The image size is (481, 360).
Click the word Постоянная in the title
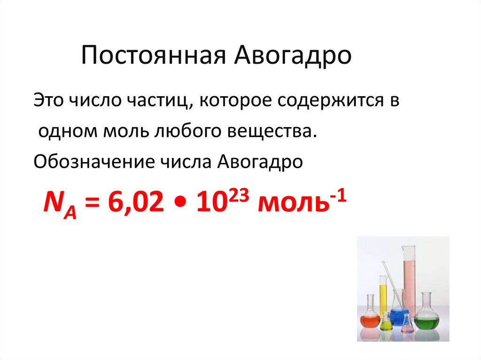pos(154,55)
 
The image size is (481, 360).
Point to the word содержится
pos(330,101)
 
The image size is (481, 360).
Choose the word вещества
pos(269,131)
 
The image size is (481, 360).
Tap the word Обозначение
pos(94,161)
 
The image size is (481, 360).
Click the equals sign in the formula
pos(93,202)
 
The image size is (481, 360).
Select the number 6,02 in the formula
pos(136,202)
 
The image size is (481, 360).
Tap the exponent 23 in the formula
pos(239,196)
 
